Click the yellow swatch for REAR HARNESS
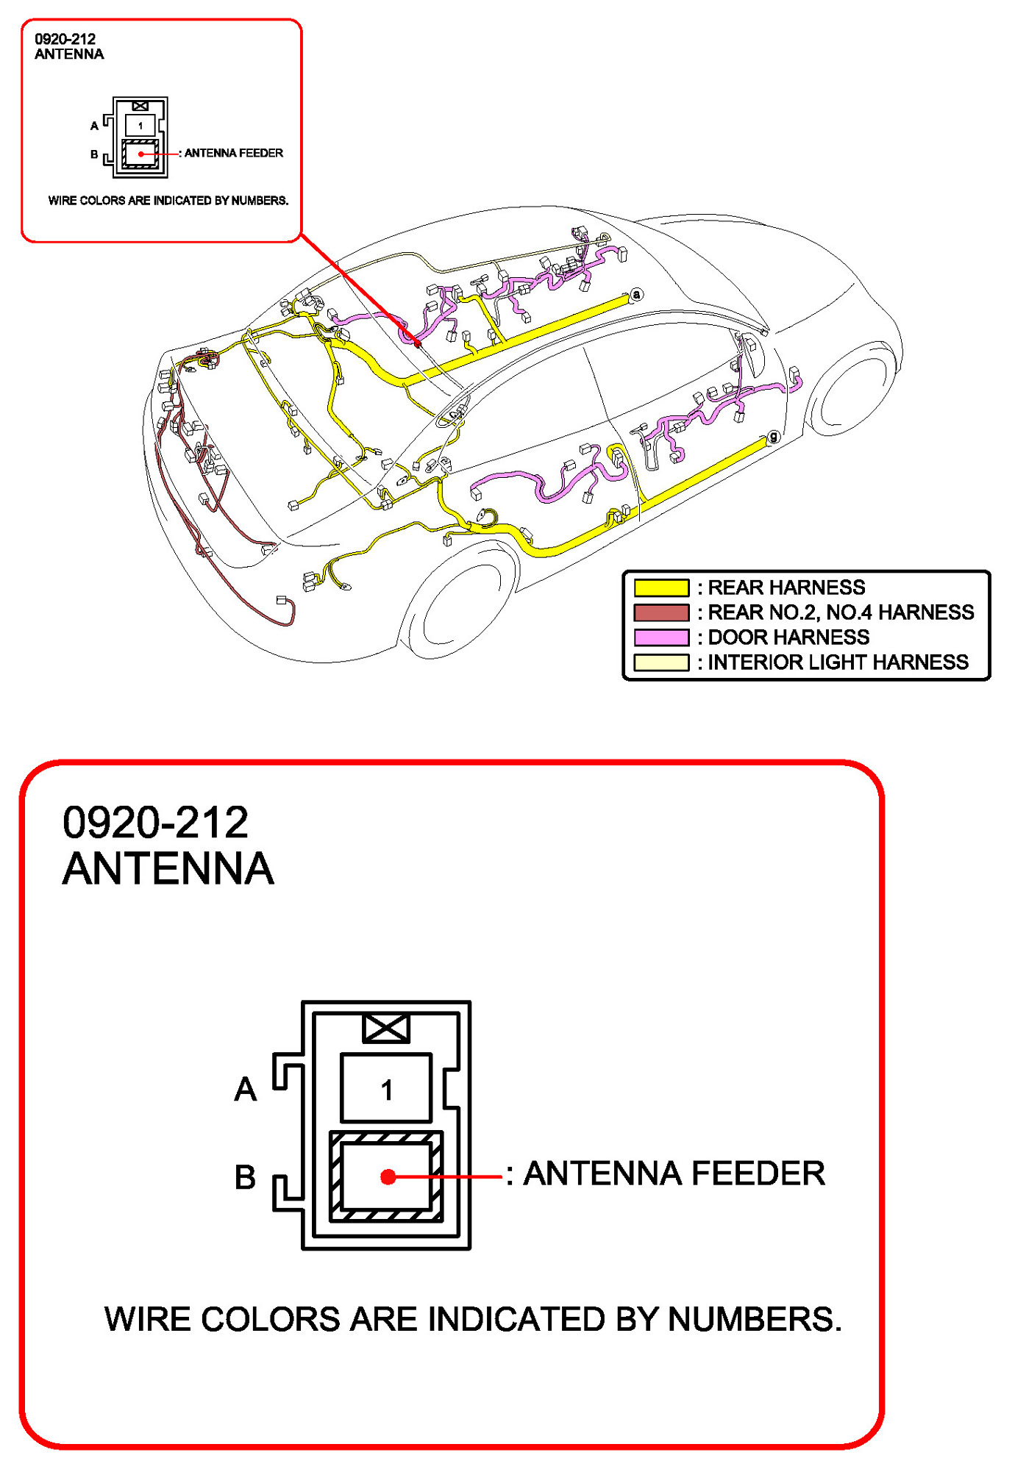point(660,587)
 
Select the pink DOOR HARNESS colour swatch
point(660,637)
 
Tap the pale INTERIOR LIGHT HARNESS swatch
point(660,662)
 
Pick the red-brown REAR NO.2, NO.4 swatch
point(660,612)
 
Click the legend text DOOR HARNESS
point(788,637)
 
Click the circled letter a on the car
point(636,295)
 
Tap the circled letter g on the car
point(772,437)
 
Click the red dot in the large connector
point(388,1177)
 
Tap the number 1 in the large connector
point(386,1090)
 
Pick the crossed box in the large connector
point(386,1028)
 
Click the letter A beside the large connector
point(246,1090)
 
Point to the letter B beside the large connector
point(245,1177)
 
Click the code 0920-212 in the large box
point(155,822)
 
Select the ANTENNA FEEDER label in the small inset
point(233,153)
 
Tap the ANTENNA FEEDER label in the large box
point(674,1173)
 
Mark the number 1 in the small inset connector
point(140,126)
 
